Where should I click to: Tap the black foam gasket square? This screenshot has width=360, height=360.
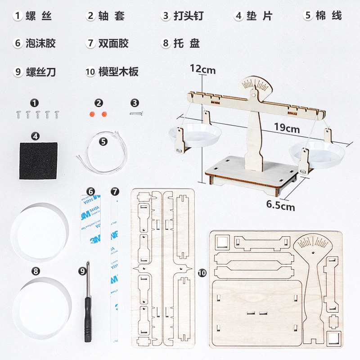[x=38, y=161]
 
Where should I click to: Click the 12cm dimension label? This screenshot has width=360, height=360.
[x=202, y=70]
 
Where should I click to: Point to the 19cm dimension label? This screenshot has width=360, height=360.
[x=287, y=129]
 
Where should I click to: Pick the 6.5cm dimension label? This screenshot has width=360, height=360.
[x=280, y=206]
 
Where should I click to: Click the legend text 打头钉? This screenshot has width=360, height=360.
[x=189, y=16]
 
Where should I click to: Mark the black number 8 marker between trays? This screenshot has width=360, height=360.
[x=36, y=271]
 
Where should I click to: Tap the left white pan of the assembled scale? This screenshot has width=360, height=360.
[x=191, y=135]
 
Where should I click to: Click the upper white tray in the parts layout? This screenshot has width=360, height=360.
[x=39, y=232]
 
